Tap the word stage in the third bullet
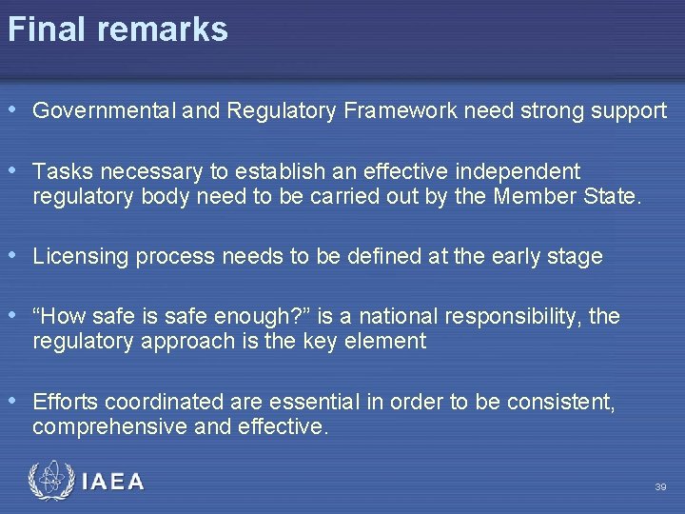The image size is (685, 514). click(576, 257)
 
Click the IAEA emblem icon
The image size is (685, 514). click(49, 481)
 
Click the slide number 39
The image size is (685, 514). click(660, 487)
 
